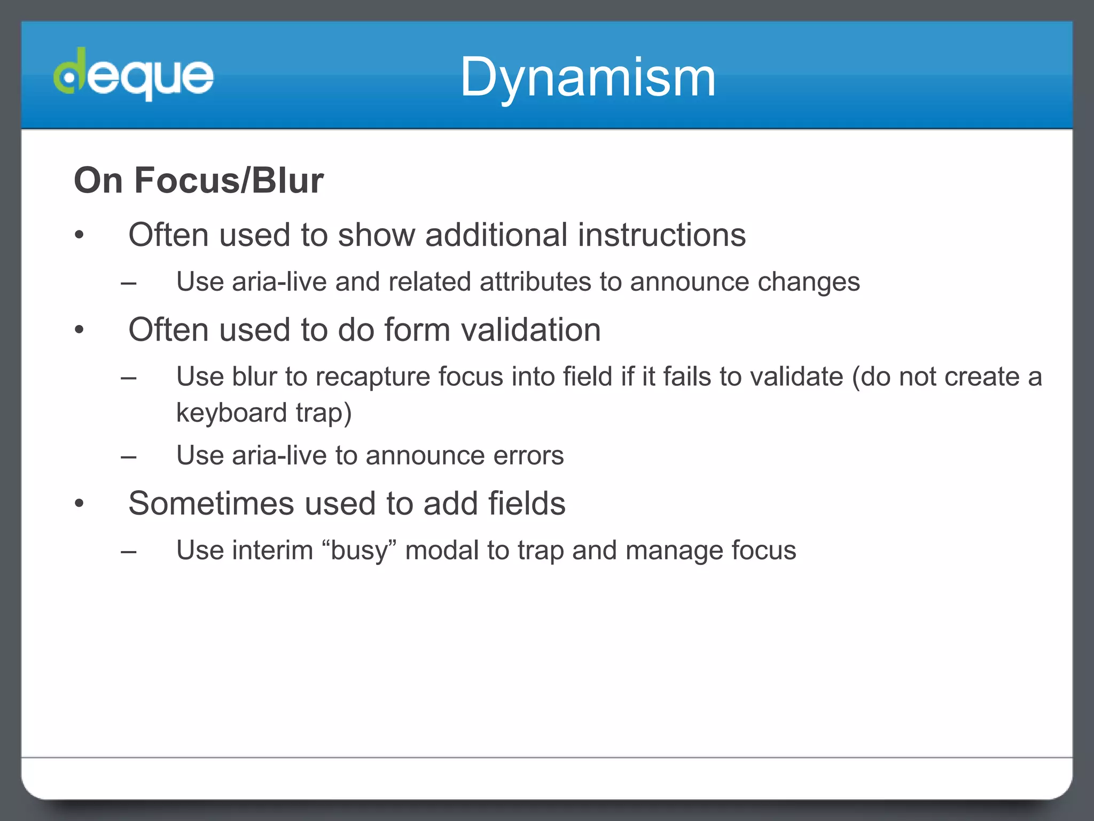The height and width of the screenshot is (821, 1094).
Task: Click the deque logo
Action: click(x=134, y=75)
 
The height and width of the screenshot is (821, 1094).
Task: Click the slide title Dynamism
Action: click(x=588, y=78)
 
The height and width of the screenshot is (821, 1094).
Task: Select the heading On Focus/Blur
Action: click(x=199, y=180)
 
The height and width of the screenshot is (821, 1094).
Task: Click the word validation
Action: click(x=532, y=329)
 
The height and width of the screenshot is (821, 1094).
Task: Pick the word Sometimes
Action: click(x=212, y=504)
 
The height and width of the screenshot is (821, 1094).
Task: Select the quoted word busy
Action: click(x=359, y=551)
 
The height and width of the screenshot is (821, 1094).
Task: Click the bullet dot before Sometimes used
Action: click(x=80, y=503)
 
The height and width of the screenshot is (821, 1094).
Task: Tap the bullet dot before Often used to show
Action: click(x=80, y=235)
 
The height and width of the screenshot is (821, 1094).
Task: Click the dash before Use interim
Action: click(x=128, y=551)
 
